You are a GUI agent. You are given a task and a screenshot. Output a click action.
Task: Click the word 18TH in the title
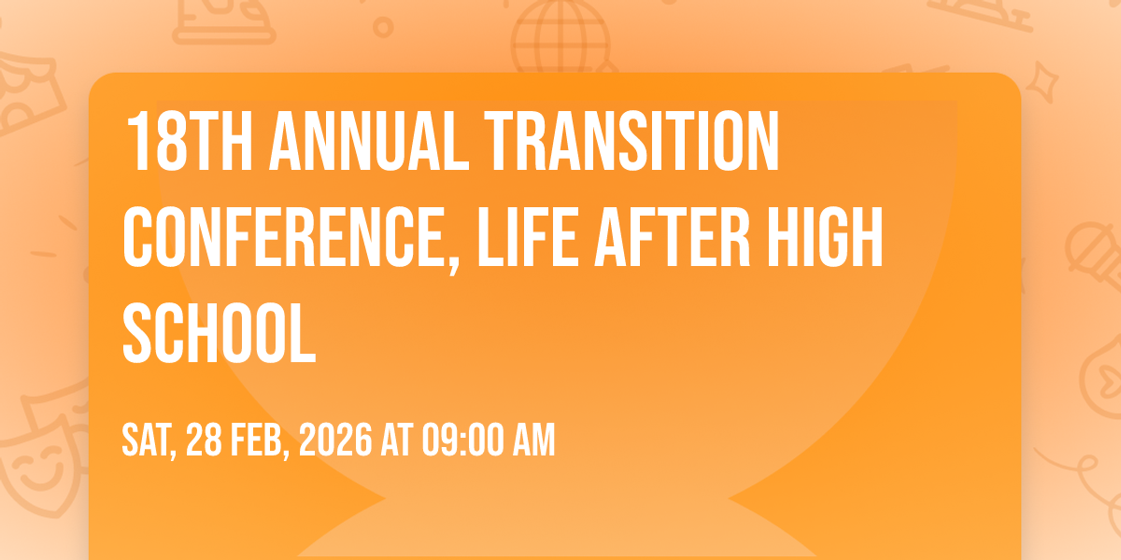click(189, 142)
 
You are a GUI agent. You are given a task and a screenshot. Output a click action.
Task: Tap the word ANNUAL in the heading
click(369, 142)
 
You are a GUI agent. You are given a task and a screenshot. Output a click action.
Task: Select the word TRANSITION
click(631, 142)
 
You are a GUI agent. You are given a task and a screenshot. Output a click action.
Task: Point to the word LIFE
click(528, 237)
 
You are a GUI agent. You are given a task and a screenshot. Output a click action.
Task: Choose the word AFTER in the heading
click(672, 237)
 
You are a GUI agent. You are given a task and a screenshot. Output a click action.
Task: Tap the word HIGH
click(824, 237)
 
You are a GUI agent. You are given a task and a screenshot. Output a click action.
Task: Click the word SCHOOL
click(220, 332)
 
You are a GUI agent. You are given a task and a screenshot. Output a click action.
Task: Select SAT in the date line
click(146, 440)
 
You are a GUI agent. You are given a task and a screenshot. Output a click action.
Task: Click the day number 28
click(205, 440)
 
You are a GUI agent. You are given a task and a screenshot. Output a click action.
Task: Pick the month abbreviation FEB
click(257, 440)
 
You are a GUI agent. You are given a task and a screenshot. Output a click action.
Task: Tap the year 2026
click(335, 440)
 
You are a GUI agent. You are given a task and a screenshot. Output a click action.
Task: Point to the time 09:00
click(462, 440)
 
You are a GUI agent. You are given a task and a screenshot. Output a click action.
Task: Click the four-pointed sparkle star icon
click(1043, 82)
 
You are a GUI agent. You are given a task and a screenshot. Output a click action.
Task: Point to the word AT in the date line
click(397, 440)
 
